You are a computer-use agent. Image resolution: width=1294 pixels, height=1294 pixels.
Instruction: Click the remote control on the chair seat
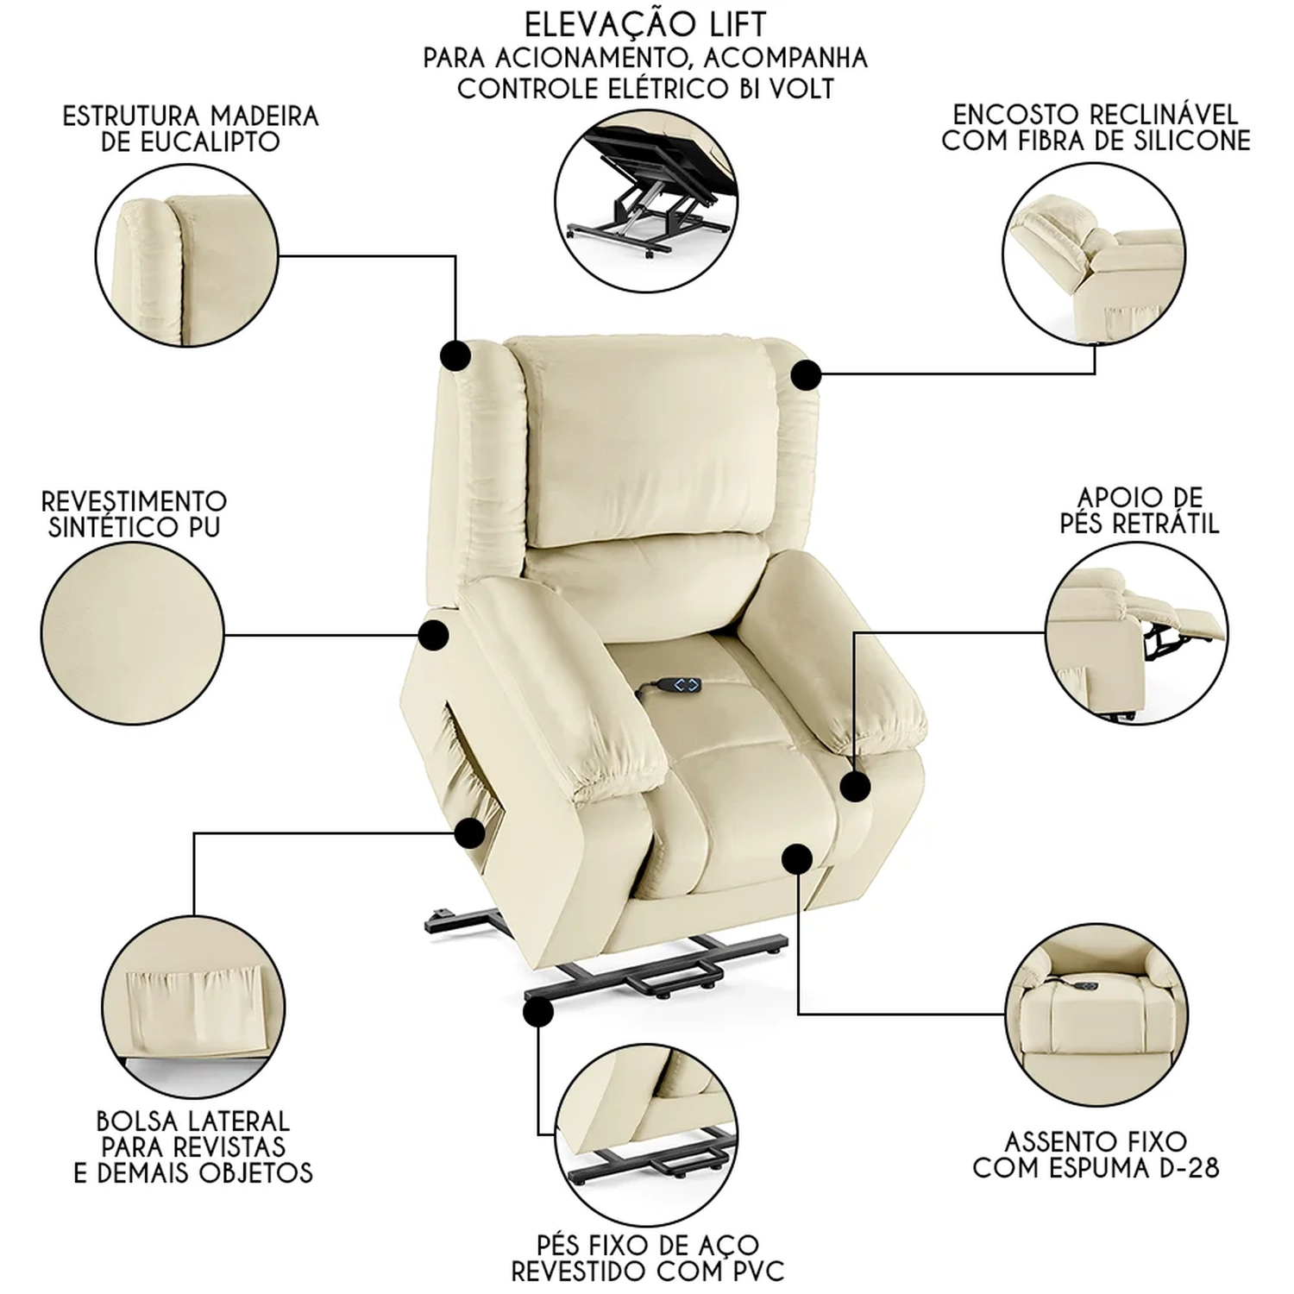pyautogui.click(x=669, y=686)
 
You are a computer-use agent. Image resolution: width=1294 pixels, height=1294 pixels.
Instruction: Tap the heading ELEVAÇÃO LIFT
pyautogui.click(x=645, y=23)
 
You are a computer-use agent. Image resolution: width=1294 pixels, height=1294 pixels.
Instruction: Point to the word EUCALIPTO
pyautogui.click(x=191, y=142)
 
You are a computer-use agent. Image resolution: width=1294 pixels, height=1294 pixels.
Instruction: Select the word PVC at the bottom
pyautogui.click(x=752, y=1271)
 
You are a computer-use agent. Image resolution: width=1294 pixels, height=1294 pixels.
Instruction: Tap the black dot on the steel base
pyautogui.click(x=538, y=1013)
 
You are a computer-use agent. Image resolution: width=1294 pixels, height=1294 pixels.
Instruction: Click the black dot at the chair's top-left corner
pyautogui.click(x=455, y=355)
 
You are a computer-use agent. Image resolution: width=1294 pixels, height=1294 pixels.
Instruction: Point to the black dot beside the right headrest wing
pyautogui.click(x=807, y=374)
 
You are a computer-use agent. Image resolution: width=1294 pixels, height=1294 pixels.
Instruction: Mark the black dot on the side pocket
pyautogui.click(x=470, y=833)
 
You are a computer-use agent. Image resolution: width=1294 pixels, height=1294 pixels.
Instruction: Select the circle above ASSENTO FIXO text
pyautogui.click(x=1096, y=1014)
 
